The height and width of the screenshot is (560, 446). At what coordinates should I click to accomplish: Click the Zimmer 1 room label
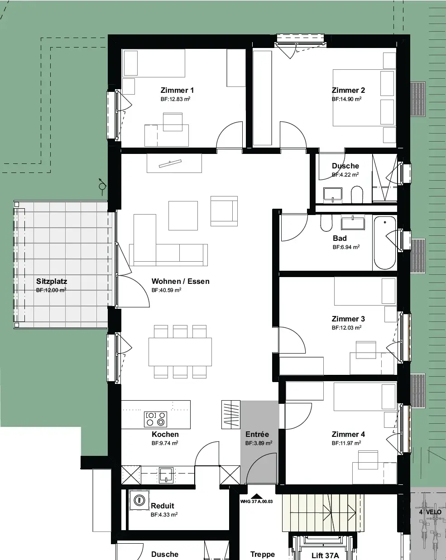[177, 90]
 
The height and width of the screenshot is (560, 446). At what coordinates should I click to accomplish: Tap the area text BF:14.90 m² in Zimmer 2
[346, 99]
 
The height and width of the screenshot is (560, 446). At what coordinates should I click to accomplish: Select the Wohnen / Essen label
[180, 281]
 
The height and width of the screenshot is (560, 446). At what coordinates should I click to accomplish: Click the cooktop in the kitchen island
[155, 419]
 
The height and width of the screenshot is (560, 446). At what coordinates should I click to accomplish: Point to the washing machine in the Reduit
[139, 500]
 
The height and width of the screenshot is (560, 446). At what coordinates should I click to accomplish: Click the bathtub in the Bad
[384, 243]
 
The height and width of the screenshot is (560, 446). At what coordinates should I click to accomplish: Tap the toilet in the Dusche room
[357, 194]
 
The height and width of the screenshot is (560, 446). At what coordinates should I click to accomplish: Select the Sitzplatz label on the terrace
[52, 281]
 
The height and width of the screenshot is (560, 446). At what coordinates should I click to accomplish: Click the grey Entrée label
[257, 434]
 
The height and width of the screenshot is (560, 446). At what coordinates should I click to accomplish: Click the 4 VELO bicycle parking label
[430, 512]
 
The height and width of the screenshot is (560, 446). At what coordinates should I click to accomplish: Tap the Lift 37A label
[325, 555]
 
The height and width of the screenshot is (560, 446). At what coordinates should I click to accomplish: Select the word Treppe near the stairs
[263, 554]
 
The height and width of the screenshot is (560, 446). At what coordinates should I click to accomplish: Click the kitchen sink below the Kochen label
[166, 474]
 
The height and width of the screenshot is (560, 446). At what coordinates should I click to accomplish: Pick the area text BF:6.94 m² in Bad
[346, 247]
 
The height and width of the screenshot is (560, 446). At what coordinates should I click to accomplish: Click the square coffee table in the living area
[183, 215]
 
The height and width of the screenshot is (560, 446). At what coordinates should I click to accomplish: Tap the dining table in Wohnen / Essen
[180, 352]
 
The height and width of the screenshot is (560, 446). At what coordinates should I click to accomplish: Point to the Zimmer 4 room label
[348, 434]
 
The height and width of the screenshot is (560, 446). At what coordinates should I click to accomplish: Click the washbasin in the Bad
[353, 222]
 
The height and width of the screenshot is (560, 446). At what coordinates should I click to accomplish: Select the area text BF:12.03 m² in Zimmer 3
[346, 328]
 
